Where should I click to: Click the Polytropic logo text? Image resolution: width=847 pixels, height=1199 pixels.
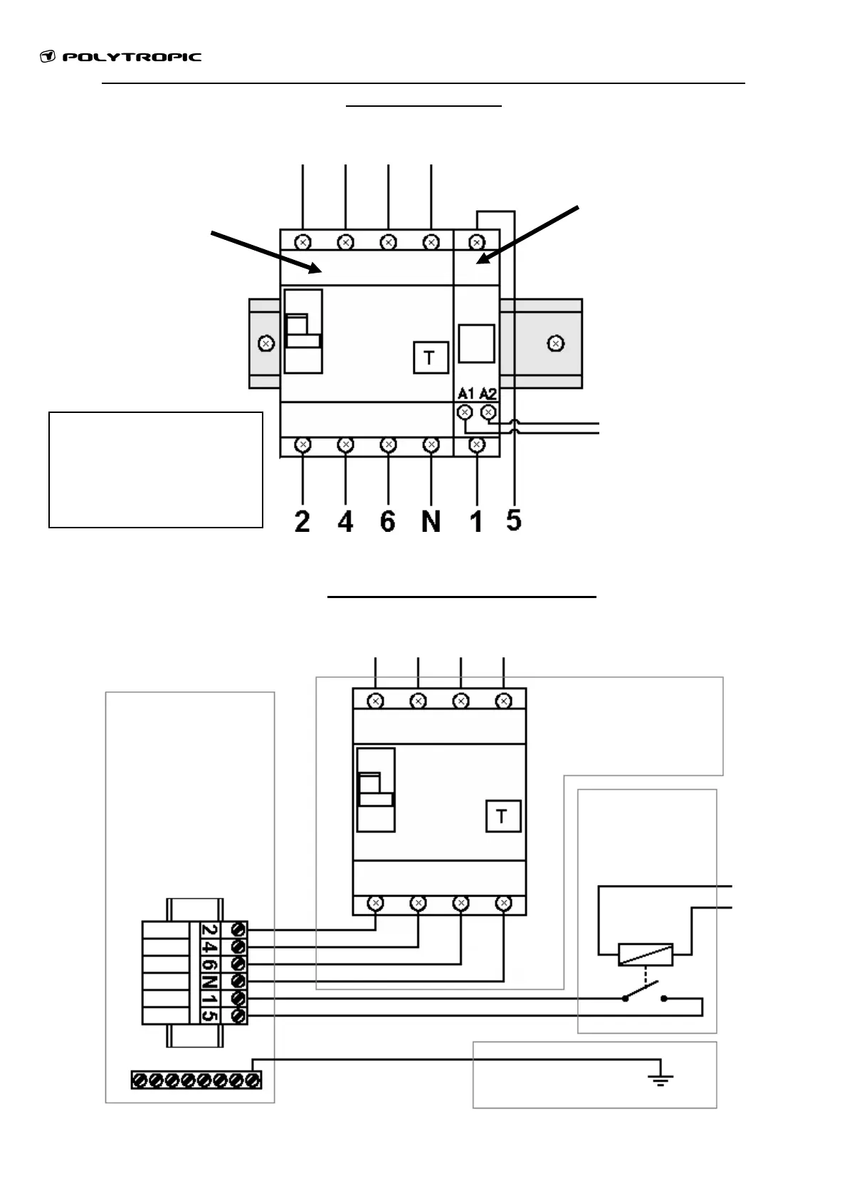click(x=132, y=58)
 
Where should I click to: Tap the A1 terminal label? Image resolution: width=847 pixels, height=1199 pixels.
click(x=465, y=394)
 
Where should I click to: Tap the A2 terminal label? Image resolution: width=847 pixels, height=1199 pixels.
click(x=488, y=394)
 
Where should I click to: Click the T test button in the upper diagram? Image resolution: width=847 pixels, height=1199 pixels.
click(x=431, y=357)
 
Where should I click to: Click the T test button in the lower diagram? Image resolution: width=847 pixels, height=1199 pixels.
click(x=503, y=816)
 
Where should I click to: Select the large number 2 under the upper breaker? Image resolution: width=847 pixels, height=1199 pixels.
click(x=302, y=522)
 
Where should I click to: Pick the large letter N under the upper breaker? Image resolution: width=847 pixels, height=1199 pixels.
click(x=431, y=522)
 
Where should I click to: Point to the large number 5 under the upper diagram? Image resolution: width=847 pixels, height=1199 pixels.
click(x=513, y=520)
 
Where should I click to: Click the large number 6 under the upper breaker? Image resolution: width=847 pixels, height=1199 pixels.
click(x=388, y=522)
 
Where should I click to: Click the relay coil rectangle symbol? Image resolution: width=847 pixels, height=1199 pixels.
click(x=646, y=955)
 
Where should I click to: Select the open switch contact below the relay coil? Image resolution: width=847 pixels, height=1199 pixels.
click(x=646, y=994)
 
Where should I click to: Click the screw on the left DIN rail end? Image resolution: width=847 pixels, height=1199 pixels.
click(x=265, y=344)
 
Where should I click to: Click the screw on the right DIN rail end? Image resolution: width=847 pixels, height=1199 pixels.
click(x=557, y=344)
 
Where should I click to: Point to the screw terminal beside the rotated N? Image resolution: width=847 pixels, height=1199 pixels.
click(x=238, y=982)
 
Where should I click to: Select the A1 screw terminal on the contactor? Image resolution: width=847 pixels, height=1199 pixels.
click(x=465, y=412)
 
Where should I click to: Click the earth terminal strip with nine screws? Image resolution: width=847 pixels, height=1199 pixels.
click(x=196, y=1080)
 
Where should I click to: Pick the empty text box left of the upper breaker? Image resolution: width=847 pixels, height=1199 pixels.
click(x=156, y=469)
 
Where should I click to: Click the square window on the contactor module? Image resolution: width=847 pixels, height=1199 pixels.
click(x=476, y=344)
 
